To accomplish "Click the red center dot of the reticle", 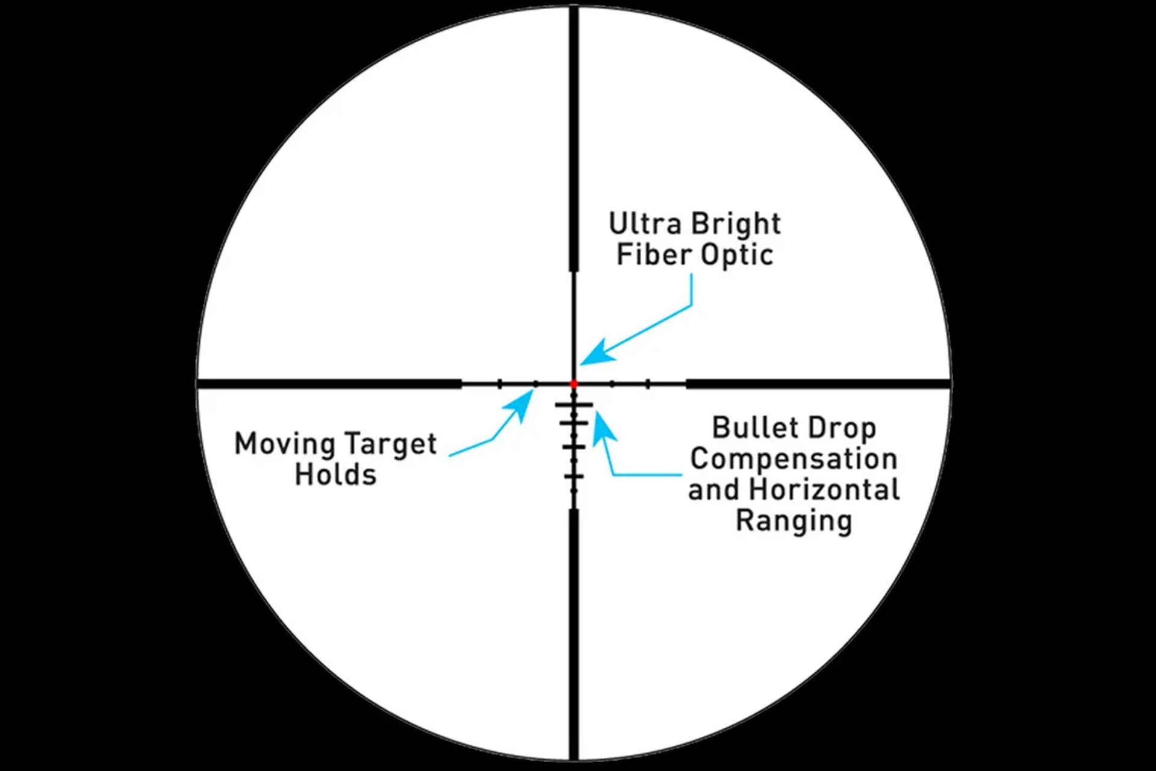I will point(574,384).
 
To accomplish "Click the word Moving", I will point(285,445).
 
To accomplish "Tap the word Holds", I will point(335,475).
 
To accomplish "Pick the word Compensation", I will point(794,459).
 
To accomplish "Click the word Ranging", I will point(794,521).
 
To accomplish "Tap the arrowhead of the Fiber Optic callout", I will point(593,355).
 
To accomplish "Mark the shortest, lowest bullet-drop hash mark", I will point(574,477).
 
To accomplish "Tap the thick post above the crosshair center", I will point(574,139).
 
